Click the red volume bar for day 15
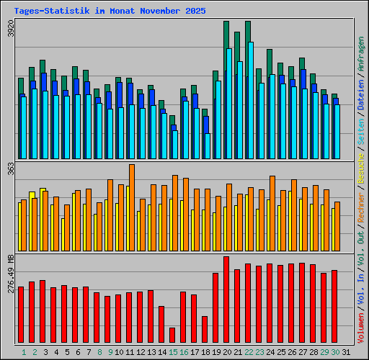coord(172,336)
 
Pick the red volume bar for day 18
coord(205,330)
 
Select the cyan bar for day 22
coord(250,101)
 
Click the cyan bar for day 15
coord(174,144)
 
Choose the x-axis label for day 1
coord(24,352)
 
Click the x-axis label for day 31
coord(346,352)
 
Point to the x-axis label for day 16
coord(184,352)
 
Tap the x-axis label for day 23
coord(259,352)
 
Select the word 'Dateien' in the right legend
coord(360,111)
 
